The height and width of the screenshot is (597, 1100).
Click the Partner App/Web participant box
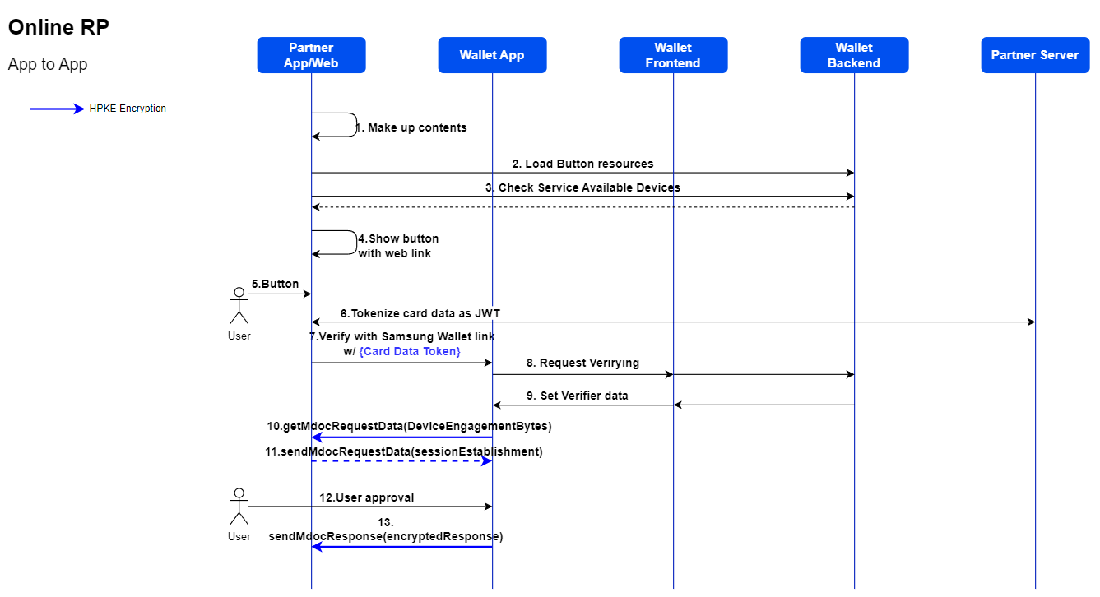(x=311, y=55)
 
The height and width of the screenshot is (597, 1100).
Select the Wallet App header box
(x=492, y=55)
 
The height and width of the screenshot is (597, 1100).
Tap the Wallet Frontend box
(x=673, y=55)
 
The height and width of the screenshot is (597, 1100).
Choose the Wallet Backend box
(x=854, y=55)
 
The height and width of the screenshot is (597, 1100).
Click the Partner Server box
(x=1035, y=55)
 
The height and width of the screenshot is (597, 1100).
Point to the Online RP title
(x=58, y=27)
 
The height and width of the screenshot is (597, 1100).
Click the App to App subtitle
(x=48, y=64)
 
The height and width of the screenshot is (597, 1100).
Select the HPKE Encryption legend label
(x=128, y=109)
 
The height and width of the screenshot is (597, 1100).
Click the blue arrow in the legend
(x=57, y=109)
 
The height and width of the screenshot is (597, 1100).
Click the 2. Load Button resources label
(x=582, y=164)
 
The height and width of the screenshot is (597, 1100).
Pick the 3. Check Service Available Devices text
(x=582, y=187)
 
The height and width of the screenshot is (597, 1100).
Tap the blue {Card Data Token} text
(x=410, y=351)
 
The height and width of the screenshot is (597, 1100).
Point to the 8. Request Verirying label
(x=582, y=363)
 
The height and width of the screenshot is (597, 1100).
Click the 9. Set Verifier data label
(x=577, y=396)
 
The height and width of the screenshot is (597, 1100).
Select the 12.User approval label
(x=367, y=497)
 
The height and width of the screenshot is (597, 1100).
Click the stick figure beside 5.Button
(x=239, y=306)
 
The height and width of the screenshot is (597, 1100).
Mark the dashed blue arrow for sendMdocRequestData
(x=401, y=461)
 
